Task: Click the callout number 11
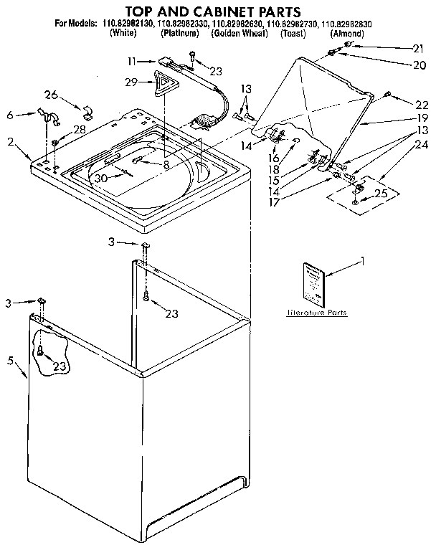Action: click(131, 62)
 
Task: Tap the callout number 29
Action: click(131, 83)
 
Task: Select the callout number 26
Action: click(50, 94)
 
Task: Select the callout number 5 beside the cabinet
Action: click(11, 360)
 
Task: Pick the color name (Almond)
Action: click(346, 34)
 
